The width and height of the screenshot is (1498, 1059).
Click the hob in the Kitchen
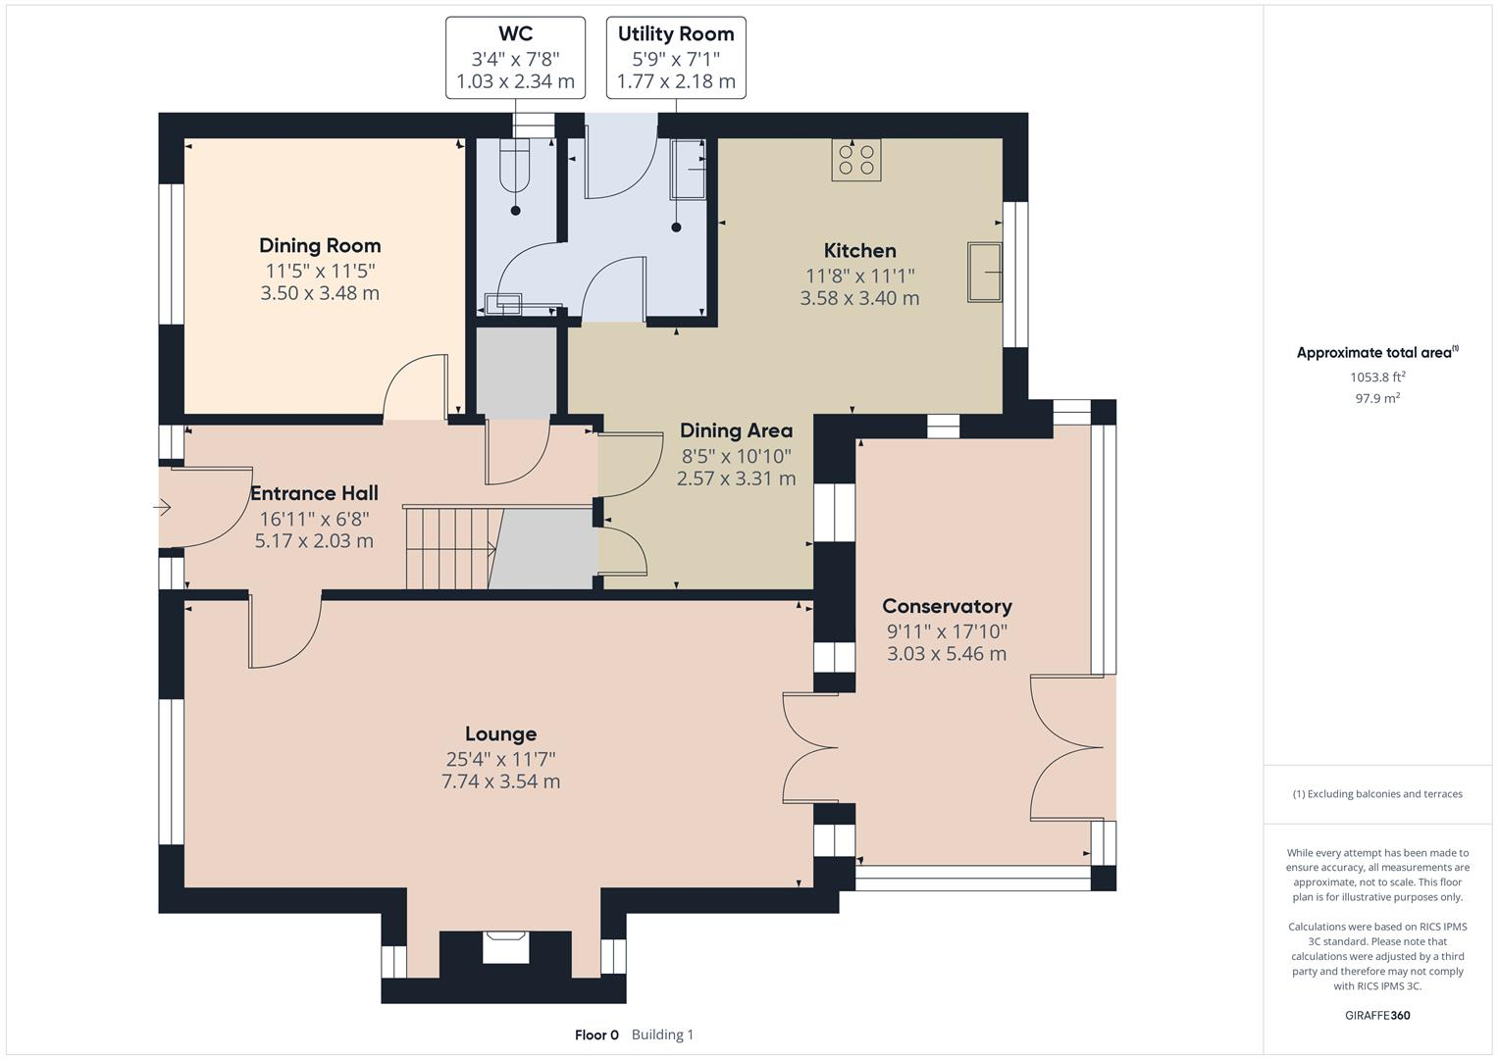[x=856, y=160]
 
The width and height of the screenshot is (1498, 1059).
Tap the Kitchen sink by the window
[x=984, y=273]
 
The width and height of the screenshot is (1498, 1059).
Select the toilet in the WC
[x=514, y=166]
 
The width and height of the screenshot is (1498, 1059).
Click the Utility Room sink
[x=688, y=169]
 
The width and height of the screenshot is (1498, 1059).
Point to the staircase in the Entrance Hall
[x=454, y=548]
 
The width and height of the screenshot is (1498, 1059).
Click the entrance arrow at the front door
[x=162, y=508]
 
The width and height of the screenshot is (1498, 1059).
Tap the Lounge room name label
[x=501, y=734]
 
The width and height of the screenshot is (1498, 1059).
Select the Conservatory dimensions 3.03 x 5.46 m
[x=947, y=653]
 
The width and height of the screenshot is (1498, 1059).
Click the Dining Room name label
[x=321, y=245]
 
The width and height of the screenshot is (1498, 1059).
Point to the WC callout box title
[x=516, y=33]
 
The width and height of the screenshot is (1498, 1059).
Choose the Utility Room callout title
[x=676, y=33]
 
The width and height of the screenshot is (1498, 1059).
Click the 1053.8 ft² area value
[x=1377, y=378]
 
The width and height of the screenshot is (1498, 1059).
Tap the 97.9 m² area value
[x=1377, y=398]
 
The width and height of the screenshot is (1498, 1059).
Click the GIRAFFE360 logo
[x=1377, y=1015]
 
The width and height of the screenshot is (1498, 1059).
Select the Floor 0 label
[x=596, y=1034]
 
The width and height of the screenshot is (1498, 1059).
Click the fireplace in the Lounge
[x=505, y=947]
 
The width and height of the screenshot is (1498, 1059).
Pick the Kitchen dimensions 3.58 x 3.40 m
[x=859, y=297]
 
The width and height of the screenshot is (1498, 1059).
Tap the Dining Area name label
[x=737, y=430]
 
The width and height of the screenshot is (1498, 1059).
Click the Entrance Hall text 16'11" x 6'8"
[x=314, y=519]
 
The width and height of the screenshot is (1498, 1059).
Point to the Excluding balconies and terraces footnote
[x=1377, y=793]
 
